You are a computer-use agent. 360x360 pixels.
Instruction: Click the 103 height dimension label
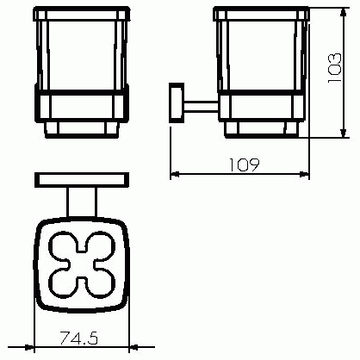coord(335,68)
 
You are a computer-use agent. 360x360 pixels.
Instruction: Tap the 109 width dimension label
coord(244,164)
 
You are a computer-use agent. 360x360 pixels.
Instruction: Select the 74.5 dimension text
coord(79,338)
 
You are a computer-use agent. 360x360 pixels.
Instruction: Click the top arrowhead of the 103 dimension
coord(343,12)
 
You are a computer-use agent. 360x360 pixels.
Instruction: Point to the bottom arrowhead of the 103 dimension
coord(343,133)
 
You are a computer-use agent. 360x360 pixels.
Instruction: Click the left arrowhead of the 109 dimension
coord(175,174)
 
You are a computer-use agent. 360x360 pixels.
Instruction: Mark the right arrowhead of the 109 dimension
coord(305,174)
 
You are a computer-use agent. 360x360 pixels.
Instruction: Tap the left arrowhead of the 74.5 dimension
coord(30,347)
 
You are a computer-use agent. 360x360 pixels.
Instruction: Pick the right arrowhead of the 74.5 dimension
coord(133,347)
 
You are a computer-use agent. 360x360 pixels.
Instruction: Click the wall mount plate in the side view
coord(177,102)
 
